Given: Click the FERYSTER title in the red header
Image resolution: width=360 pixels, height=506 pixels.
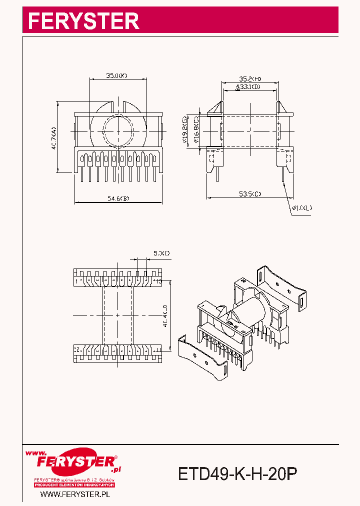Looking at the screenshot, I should coord(83,21).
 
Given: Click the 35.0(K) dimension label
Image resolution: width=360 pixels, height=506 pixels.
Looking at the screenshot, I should coord(116,76).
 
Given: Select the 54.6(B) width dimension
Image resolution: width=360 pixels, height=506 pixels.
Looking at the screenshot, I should coord(118,199).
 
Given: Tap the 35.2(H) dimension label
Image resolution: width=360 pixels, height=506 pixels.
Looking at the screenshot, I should coord(250,79).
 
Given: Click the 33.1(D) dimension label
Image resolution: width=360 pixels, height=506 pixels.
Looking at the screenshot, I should coord(250,87).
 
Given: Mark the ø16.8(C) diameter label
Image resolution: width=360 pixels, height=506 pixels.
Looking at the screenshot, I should coord(196,131).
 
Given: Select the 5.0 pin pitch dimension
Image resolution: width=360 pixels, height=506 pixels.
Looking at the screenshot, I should coord(161,253).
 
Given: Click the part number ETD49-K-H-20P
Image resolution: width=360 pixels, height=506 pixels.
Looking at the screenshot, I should coord(237,473).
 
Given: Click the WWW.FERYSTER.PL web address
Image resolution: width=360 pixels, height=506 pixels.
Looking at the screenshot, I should coord(74,494).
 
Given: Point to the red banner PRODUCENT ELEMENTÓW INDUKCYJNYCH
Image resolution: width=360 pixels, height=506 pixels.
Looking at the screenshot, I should coord(74,485).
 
